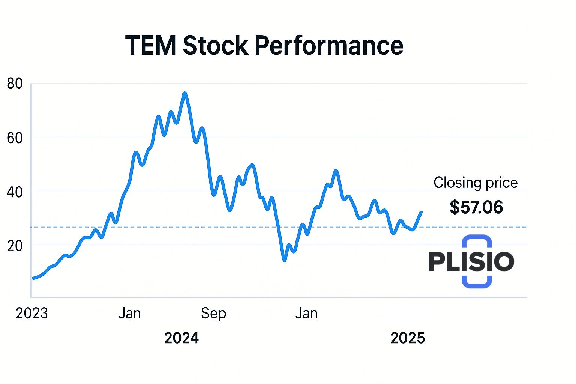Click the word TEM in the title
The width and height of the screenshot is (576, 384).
click(150, 45)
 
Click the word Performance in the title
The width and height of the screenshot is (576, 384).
click(328, 45)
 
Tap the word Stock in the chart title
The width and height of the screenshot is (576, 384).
click(215, 45)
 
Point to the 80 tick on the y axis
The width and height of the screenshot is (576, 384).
click(15, 84)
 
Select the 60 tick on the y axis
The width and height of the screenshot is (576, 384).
click(15, 138)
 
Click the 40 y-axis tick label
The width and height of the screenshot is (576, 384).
click(15, 192)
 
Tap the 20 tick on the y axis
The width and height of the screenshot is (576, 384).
click(15, 246)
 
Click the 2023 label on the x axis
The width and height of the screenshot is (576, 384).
click(32, 313)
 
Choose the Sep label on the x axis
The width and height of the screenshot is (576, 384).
click(213, 313)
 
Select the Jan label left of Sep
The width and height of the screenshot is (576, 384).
click(129, 313)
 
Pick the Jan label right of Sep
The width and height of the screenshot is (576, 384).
click(306, 313)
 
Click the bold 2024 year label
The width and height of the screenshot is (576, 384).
click(181, 338)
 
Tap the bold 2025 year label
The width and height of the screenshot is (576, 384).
click(408, 338)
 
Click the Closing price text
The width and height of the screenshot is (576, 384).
click(475, 183)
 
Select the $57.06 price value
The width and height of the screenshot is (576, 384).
click(476, 207)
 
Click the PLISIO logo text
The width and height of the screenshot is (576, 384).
click(471, 261)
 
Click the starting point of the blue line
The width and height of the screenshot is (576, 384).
click(33, 278)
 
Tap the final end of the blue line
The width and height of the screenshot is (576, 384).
click(421, 212)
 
